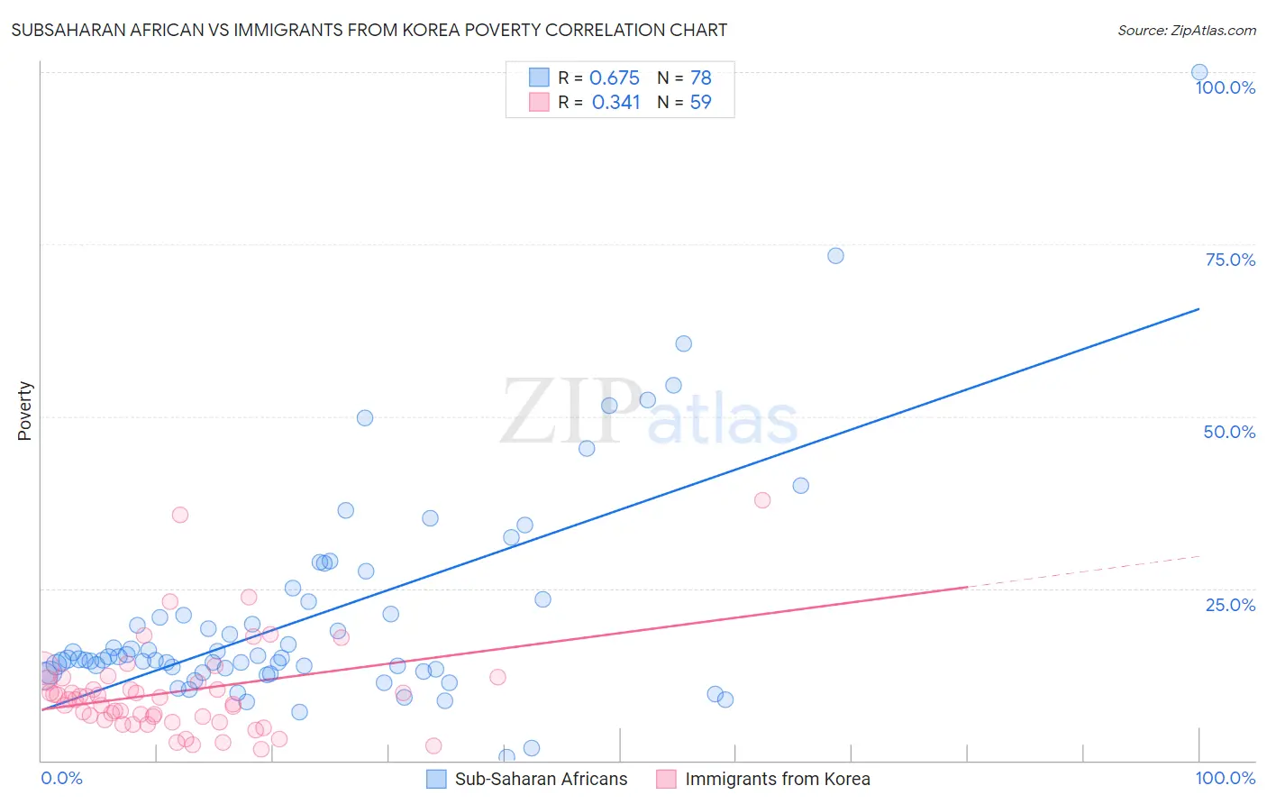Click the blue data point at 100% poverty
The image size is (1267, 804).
pos(1199,72)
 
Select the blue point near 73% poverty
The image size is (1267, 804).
pos(835,255)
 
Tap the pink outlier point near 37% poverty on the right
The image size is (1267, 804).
pos(762,499)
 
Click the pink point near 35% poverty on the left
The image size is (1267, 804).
pos(180,515)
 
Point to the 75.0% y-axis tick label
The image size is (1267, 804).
pos(1230,260)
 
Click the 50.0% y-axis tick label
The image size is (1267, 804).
pos(1229,432)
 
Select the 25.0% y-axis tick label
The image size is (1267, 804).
pos(1230,604)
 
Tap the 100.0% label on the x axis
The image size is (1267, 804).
pos(1225,778)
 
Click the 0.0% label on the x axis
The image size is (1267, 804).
pos(62,778)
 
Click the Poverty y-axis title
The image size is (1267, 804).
pos(24,411)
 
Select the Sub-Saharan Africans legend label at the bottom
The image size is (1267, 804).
pos(541,779)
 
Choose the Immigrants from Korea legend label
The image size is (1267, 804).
pos(777,779)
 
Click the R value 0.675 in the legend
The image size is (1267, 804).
pos(615,78)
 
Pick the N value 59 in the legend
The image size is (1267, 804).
pos(700,102)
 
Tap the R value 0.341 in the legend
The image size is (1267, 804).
pos(615,102)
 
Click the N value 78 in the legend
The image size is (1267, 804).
pos(700,78)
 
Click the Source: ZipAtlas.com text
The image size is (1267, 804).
pos(1186,30)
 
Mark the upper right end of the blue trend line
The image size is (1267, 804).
pos(1199,309)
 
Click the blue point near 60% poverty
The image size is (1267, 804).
pos(683,343)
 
